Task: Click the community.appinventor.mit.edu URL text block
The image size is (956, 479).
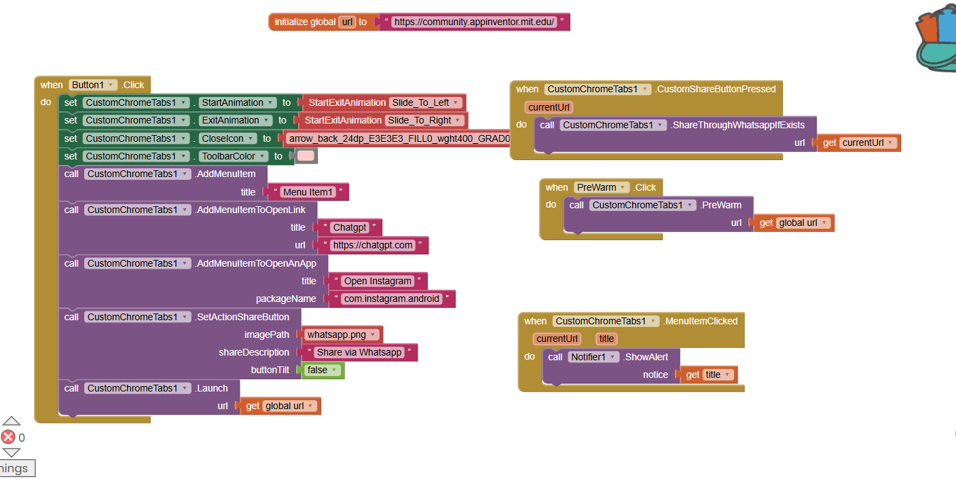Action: tap(475, 22)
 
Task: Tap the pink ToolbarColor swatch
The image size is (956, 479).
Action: tap(306, 156)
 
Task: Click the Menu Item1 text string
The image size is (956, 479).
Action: tap(308, 192)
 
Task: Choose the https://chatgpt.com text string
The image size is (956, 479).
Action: tap(373, 245)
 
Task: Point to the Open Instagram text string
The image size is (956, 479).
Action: tap(378, 281)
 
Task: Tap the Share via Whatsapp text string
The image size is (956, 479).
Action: tap(360, 352)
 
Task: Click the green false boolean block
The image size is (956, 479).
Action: tap(322, 370)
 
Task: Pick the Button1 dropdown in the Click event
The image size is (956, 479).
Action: tap(92, 85)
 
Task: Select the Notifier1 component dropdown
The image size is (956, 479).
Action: tap(593, 357)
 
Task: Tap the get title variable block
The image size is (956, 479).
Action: tap(710, 375)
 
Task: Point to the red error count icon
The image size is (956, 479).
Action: tap(8, 437)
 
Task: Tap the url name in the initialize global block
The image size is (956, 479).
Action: tap(347, 22)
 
